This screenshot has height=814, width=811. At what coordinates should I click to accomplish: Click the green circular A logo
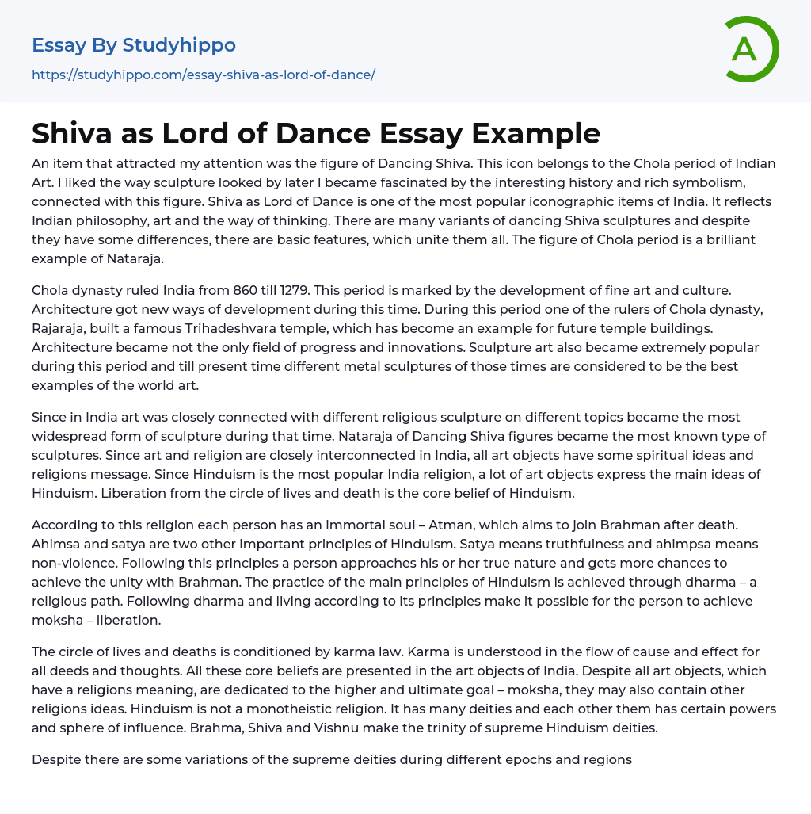(748, 49)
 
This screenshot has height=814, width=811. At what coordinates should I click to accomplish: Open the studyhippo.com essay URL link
(203, 75)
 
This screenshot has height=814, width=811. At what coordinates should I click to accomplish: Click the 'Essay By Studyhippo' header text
(133, 45)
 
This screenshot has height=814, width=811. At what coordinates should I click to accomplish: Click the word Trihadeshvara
(276, 328)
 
